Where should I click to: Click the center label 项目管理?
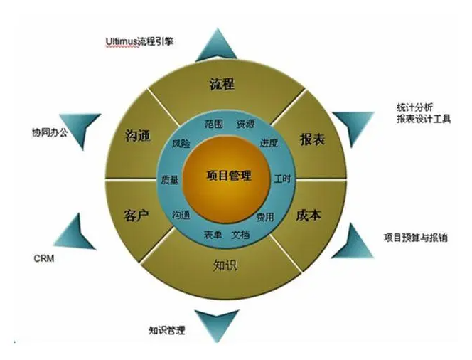point(228,176)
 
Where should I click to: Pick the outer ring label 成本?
point(309,214)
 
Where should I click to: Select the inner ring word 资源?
point(245,122)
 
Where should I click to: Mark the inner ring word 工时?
point(282,178)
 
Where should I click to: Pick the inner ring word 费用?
point(264,216)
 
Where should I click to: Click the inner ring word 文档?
point(240,234)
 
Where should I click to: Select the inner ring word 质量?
point(169,180)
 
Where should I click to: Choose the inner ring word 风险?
point(181,144)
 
